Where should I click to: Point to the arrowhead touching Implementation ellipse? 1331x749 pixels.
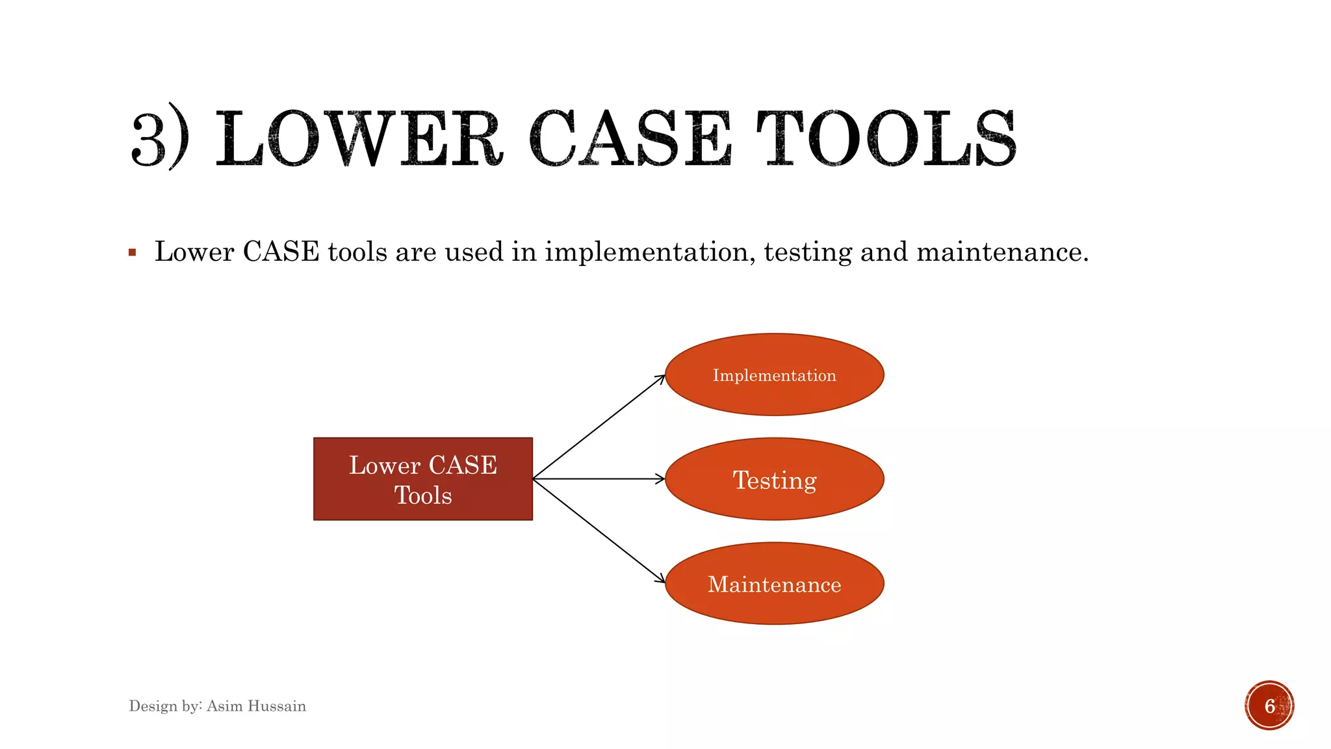coord(662,378)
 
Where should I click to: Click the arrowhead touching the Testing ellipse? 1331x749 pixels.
coord(661,479)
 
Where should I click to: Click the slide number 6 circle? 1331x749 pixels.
coord(1269,705)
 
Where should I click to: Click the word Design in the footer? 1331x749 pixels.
coord(153,706)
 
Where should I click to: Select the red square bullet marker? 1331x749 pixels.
coord(133,252)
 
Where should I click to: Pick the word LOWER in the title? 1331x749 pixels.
coord(358,138)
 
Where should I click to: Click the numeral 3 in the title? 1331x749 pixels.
coord(149,138)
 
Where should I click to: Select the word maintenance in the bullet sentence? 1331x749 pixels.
coord(1001,252)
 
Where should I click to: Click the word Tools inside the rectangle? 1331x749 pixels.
coord(423,495)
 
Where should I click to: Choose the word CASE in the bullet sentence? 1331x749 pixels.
coord(281,252)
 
